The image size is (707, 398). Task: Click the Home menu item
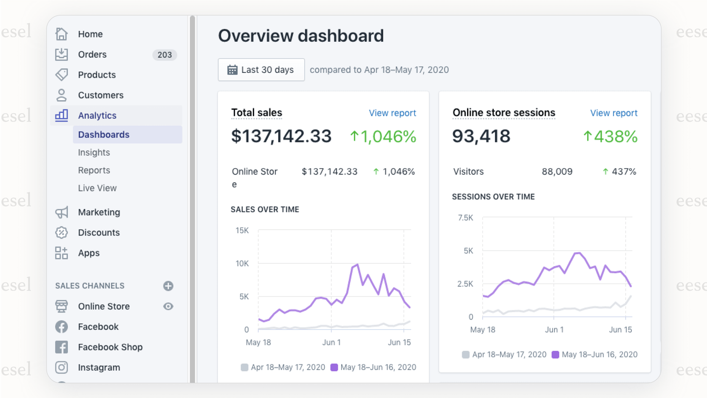90,34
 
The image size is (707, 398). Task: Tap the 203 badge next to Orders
164,55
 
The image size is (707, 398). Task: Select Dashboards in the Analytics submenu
104,135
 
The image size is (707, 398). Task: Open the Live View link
97,188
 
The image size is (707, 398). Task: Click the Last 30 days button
261,70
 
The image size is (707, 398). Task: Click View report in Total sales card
392,113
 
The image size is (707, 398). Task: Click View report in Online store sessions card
613,113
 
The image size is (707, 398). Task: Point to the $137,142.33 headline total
281,136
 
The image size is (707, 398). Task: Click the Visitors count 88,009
557,172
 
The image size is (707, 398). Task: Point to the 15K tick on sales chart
242,230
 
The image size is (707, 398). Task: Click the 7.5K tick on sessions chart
465,218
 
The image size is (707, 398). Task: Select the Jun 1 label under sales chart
331,342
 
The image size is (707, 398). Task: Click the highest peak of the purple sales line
357,264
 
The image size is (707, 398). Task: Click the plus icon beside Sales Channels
168,286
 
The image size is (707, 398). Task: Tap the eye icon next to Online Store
168,307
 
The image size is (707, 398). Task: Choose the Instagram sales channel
99,368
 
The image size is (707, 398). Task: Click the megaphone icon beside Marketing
61,212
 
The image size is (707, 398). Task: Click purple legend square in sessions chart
555,355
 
